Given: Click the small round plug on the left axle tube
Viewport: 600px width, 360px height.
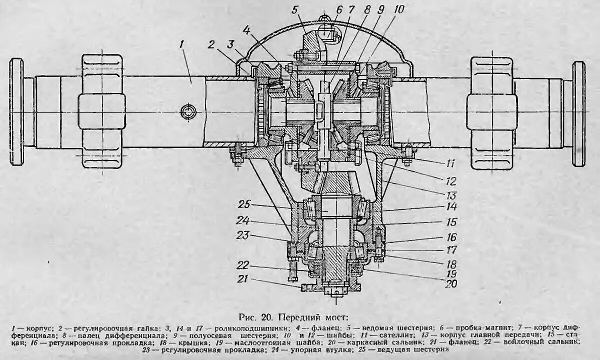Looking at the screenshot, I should pos(189,109).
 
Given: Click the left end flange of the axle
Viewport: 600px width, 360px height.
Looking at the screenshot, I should pos(16,111).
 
